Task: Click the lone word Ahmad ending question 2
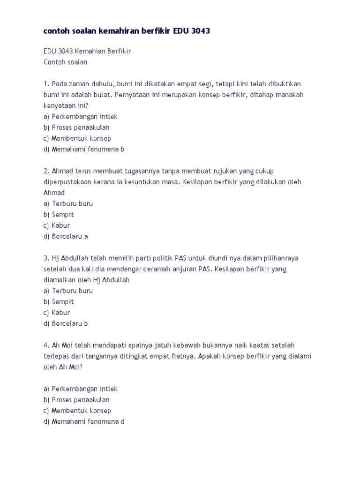click(54, 193)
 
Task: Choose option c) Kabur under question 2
click(57, 225)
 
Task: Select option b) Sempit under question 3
click(59, 302)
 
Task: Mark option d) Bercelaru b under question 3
click(66, 323)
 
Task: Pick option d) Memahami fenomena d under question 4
click(84, 421)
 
